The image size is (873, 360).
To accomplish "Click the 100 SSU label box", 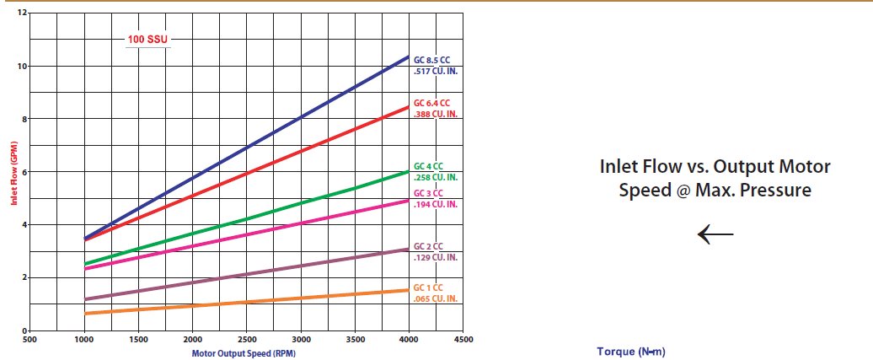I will pos(147,40).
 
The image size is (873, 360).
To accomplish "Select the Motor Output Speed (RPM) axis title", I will pos(244,353).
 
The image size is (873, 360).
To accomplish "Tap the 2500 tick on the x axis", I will pos(247,340).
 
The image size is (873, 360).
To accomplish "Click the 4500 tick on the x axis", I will pos(463,340).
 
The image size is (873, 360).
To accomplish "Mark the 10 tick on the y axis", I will pos(24,67).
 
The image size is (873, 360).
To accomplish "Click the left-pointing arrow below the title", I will pos(715,234).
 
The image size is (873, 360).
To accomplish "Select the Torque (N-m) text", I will pos(631,352).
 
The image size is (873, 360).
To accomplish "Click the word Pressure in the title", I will pos(776,191).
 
